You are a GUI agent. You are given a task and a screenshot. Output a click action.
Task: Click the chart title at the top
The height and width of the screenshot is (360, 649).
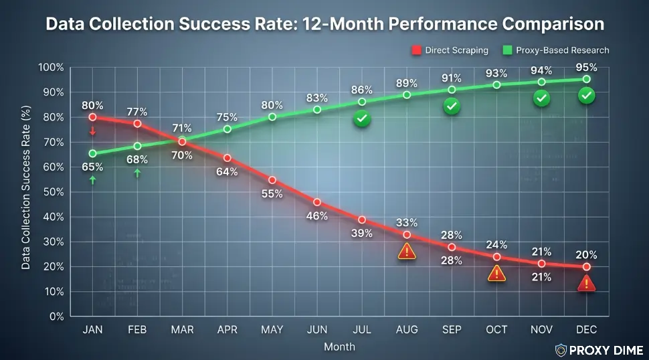pyautogui.click(x=324, y=25)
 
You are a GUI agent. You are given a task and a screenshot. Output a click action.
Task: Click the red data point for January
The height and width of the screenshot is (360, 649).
pyautogui.click(x=92, y=117)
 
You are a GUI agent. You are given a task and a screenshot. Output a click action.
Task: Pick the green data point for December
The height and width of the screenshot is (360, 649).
pyautogui.click(x=586, y=79)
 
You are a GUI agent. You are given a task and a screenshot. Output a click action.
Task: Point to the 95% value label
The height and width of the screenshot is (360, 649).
pyautogui.click(x=586, y=67)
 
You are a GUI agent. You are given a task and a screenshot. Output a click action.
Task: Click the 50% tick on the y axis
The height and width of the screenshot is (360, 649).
pyautogui.click(x=52, y=192)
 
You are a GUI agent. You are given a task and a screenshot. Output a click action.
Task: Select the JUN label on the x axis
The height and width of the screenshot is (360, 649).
pyautogui.click(x=316, y=330)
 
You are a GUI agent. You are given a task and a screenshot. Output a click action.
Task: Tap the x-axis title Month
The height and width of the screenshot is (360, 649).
pyautogui.click(x=339, y=347)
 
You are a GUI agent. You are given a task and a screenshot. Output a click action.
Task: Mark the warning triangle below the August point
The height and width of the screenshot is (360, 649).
pyautogui.click(x=407, y=252)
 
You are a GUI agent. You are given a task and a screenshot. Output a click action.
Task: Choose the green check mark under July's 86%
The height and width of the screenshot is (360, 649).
pyautogui.click(x=362, y=119)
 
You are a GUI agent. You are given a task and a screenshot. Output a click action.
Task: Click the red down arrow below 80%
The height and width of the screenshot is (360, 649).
pyautogui.click(x=92, y=130)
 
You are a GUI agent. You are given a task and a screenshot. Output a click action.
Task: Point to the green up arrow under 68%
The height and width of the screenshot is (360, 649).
pyautogui.click(x=137, y=173)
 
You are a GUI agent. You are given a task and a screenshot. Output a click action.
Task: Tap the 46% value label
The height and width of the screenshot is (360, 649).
pyautogui.click(x=316, y=215)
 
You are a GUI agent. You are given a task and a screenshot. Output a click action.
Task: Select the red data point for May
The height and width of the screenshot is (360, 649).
pyautogui.click(x=272, y=179)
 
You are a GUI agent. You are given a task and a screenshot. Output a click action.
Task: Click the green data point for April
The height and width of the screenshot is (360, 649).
pyautogui.click(x=227, y=129)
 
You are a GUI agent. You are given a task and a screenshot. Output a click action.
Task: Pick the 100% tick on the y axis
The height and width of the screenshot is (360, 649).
pyautogui.click(x=51, y=68)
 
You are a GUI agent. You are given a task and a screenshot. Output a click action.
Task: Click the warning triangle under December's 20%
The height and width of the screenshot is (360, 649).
pyautogui.click(x=586, y=283)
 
